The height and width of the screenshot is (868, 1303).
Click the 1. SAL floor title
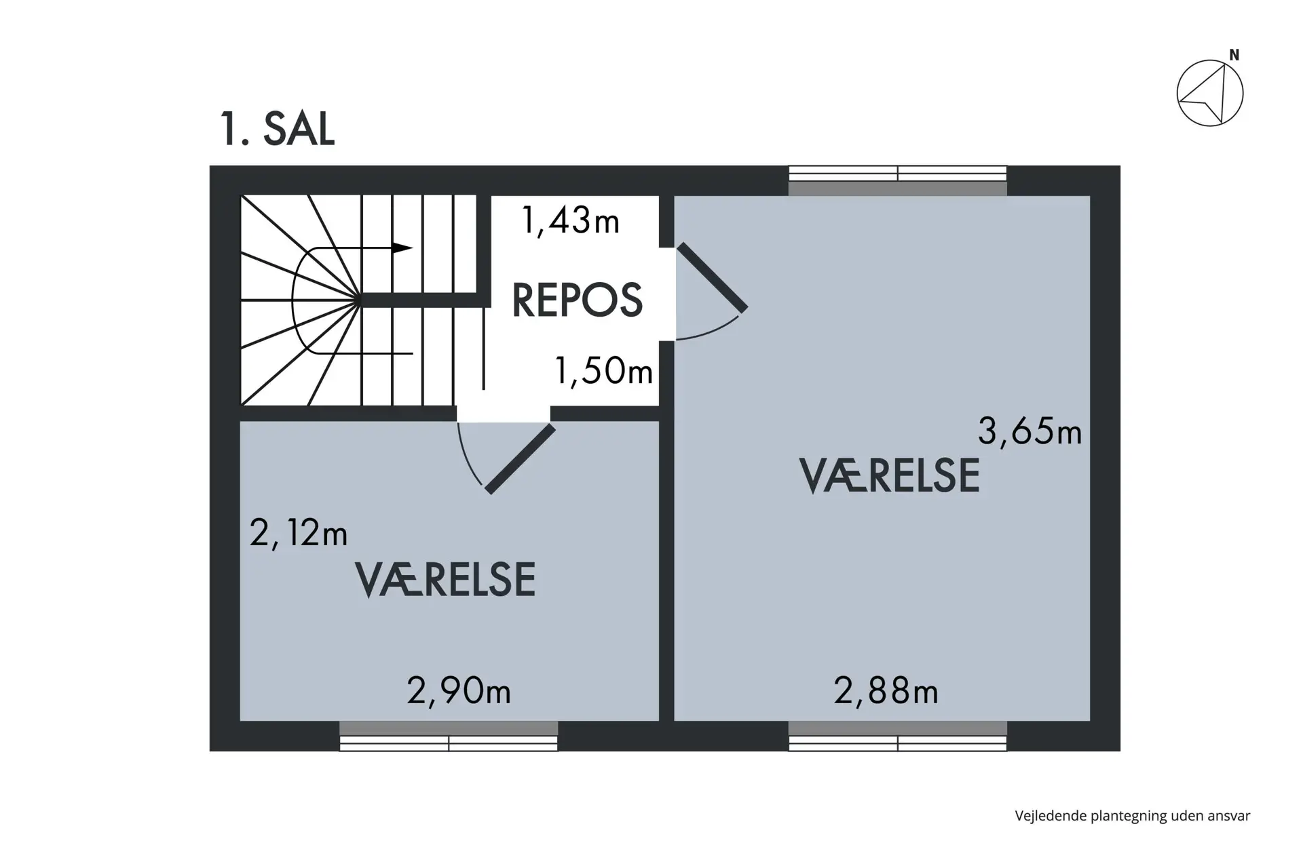(277, 129)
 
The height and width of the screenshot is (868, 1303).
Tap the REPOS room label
(577, 300)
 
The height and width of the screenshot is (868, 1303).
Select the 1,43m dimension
(570, 221)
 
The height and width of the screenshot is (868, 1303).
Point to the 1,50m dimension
(603, 371)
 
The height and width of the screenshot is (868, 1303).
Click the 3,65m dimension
(1030, 431)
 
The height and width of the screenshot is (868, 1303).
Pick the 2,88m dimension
(886, 692)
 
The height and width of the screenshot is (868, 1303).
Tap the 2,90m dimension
(459, 692)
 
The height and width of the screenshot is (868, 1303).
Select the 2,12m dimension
(299, 533)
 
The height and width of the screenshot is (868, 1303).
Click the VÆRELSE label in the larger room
(890, 475)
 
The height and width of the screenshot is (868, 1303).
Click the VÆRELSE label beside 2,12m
(445, 580)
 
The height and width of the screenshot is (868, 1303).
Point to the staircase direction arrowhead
(402, 248)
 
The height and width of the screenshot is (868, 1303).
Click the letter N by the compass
(1234, 56)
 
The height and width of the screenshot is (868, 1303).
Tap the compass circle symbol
(1210, 94)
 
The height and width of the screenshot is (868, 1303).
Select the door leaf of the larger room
(713, 277)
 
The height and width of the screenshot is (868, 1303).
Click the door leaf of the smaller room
(520, 459)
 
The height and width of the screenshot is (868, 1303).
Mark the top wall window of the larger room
(898, 180)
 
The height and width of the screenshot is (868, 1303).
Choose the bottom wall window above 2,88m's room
(898, 736)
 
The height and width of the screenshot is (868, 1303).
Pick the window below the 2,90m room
(449, 736)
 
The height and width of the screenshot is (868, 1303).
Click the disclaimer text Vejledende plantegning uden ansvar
(1133, 816)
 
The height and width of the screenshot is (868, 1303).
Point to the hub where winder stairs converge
(358, 300)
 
